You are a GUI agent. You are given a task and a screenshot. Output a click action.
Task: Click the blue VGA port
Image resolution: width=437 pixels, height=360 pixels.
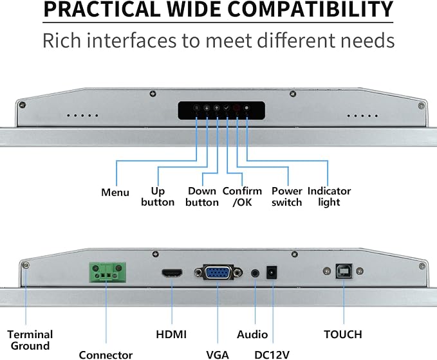coord(218,273)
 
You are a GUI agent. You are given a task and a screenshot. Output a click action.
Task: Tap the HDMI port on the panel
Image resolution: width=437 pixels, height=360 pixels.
coord(172,273)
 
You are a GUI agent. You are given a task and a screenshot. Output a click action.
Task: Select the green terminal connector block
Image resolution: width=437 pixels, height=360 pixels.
coord(107,273)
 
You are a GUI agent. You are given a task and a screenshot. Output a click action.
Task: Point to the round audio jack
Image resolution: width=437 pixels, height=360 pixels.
coord(255,273)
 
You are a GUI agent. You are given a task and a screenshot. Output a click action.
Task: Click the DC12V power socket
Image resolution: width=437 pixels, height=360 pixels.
coord(272,273)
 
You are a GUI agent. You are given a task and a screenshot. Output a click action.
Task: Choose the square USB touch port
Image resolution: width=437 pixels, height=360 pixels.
coord(344,271)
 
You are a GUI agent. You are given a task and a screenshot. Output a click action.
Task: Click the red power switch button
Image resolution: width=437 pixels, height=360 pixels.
coord(237,108)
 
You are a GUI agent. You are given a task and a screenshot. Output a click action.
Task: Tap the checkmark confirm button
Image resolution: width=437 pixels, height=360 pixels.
coord(227,108)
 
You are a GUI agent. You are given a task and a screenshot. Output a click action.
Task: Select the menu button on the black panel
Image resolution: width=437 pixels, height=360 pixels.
coord(197,108)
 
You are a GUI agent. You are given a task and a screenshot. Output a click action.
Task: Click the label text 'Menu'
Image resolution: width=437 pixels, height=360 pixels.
coord(115,192)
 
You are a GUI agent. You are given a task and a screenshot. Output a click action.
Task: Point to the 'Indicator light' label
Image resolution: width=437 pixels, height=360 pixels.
coord(329,197)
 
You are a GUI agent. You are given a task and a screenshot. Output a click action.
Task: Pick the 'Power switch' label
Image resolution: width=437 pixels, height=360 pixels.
coord(287,197)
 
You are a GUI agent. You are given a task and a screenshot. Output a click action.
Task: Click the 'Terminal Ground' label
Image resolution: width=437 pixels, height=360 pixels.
coord(30,340)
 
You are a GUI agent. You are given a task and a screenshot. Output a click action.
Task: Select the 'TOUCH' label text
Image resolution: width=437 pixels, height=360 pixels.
coord(343,334)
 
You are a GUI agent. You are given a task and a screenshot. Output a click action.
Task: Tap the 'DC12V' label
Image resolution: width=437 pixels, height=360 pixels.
coord(272,355)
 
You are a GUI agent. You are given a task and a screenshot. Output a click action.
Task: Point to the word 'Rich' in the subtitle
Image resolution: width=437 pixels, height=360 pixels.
coord(62,40)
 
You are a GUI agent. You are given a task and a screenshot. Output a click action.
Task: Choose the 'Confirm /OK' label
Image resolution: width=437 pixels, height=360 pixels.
coord(242,197)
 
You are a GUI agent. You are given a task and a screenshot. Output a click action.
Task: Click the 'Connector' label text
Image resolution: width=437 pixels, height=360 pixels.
coord(106,355)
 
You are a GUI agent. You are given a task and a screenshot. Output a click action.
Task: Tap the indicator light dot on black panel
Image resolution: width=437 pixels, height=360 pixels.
coord(246,108)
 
